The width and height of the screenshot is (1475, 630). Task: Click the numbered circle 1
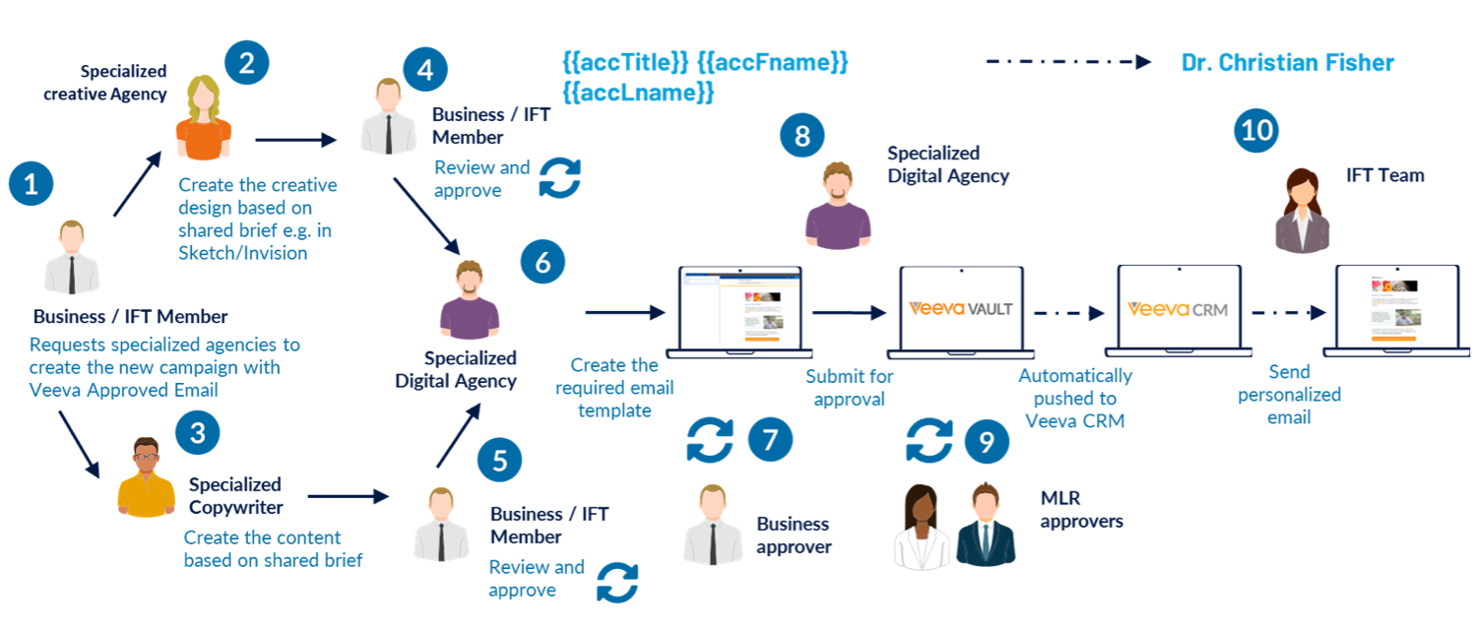tap(31, 184)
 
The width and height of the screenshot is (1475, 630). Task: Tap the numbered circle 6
tap(543, 263)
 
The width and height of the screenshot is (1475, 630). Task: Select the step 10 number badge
tap(1256, 131)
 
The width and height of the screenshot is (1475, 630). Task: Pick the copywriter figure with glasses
tap(146, 476)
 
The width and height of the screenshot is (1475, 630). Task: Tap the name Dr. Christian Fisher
tap(1287, 63)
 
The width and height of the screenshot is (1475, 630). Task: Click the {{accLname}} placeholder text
tap(637, 94)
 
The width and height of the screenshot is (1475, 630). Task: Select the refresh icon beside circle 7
tap(710, 439)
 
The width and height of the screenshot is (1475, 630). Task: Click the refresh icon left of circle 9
tap(929, 440)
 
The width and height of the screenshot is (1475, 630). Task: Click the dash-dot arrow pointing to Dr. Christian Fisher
tap(1068, 62)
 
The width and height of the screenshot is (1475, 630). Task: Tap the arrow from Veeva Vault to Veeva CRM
tap(1069, 313)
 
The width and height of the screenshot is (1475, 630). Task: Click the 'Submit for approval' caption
tap(849, 388)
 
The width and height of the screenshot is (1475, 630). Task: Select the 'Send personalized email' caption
tap(1289, 395)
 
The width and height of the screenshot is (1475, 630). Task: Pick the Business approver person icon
tap(712, 524)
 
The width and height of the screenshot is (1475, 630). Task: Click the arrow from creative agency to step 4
tap(295, 141)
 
